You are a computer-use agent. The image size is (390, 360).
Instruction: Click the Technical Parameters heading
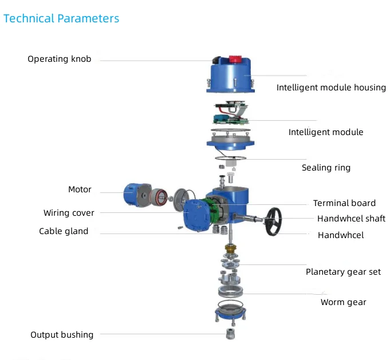[61, 18]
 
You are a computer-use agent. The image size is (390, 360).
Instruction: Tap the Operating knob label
[59, 59]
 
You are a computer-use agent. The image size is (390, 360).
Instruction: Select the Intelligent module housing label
[331, 88]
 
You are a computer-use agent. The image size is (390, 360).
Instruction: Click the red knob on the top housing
[235, 58]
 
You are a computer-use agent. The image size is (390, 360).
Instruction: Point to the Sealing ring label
[326, 168]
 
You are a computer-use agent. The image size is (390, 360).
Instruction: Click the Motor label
[80, 189]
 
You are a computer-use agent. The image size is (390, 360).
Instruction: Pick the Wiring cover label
[69, 213]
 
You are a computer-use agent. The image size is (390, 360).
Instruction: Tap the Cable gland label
[64, 231]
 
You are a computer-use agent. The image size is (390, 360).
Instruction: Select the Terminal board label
[344, 203]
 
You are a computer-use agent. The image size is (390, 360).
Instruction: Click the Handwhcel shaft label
[351, 219]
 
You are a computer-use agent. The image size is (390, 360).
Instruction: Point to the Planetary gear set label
[343, 272]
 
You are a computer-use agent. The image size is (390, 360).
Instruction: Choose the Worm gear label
[343, 302]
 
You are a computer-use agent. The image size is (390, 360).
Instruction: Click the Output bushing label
[62, 335]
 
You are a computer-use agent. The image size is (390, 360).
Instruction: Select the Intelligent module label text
[325, 132]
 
